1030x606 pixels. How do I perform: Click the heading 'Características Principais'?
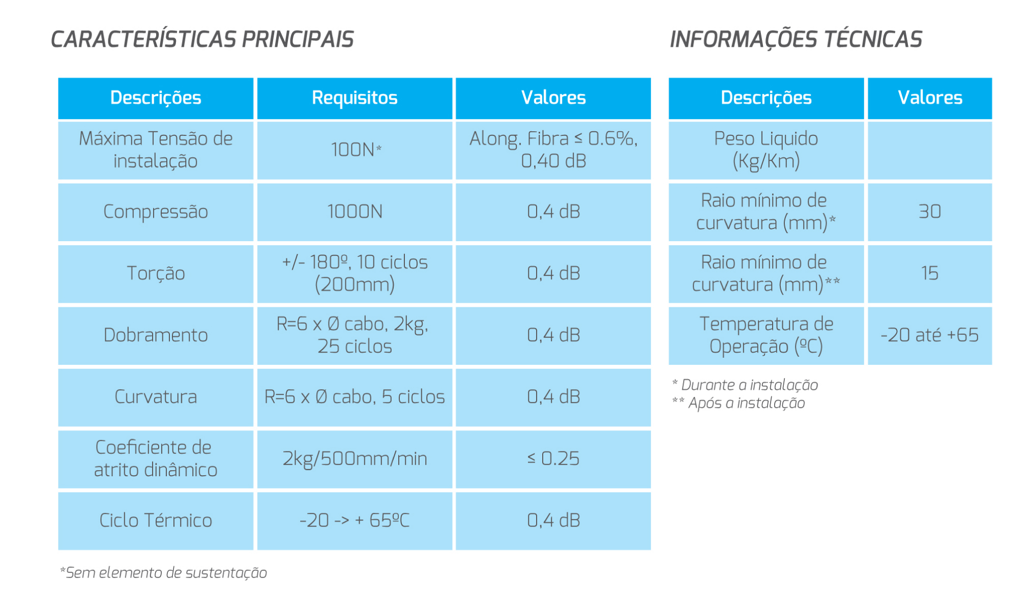(202, 40)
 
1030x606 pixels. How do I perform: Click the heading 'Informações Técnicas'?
(796, 40)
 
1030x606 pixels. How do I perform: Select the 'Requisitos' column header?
(355, 98)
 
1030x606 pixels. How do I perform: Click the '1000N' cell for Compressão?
(355, 212)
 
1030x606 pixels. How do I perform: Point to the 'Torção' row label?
(156, 273)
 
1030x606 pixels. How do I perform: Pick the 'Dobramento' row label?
(156, 335)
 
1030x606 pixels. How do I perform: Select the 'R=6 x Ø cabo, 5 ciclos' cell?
(355, 397)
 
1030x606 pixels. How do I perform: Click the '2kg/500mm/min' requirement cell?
(355, 459)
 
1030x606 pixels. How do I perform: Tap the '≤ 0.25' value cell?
(553, 459)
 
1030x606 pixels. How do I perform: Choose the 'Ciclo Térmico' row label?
(156, 521)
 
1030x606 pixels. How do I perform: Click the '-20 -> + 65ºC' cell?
(355, 521)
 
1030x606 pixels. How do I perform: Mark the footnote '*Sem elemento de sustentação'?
(163, 573)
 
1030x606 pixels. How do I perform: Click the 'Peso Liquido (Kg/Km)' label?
(766, 150)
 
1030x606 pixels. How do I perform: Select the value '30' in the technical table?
(930, 212)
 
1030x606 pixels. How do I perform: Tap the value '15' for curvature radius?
(930, 273)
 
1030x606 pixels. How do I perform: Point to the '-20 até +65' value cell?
(930, 335)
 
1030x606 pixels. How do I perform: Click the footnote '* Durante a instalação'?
(745, 385)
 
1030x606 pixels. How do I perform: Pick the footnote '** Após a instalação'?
(739, 403)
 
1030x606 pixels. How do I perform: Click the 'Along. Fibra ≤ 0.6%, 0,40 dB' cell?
(553, 150)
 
